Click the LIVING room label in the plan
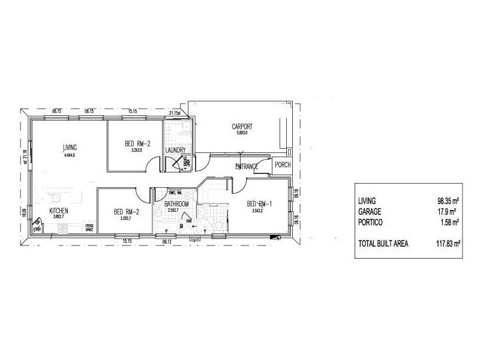click(70, 147)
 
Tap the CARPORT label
click(242, 127)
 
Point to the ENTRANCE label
click(247, 166)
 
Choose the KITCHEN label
click(58, 211)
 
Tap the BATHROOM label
click(177, 205)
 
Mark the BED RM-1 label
click(260, 204)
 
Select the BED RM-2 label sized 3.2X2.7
click(127, 211)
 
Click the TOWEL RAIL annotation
click(176, 193)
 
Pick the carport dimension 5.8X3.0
click(241, 133)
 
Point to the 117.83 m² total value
click(448, 243)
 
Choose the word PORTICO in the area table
click(371, 222)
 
